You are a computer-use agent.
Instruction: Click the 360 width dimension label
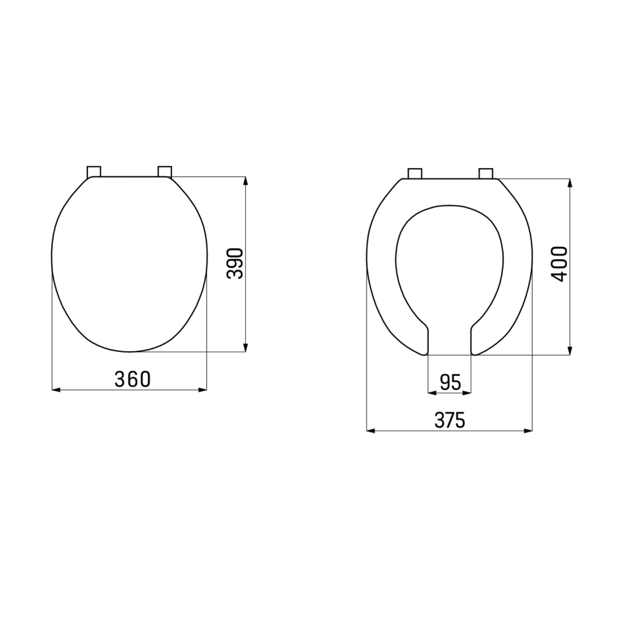[x=132, y=379]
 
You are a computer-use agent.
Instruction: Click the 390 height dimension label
[x=235, y=263]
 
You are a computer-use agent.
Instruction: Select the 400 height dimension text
[x=560, y=264]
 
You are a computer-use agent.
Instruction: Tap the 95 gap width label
[x=450, y=382]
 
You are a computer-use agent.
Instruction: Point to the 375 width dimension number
[x=450, y=421]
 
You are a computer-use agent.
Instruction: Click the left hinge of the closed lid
[x=94, y=171]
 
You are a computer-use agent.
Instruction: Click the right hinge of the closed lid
[x=165, y=171]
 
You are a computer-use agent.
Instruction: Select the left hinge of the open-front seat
[x=415, y=173]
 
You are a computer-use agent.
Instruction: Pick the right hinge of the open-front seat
[x=486, y=173]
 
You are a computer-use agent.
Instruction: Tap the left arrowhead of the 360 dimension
[x=56, y=389]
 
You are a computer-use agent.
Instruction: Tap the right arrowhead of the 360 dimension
[x=203, y=389]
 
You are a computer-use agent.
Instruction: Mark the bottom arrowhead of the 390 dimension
[x=245, y=348]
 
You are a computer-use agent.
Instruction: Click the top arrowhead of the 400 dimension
[x=570, y=183]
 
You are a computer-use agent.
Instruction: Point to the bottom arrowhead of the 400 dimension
[x=570, y=351]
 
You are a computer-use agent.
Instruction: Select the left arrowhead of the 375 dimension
[x=371, y=431]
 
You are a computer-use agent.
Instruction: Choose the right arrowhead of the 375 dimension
[x=528, y=431]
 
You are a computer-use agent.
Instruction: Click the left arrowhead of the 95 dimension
[x=432, y=393]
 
